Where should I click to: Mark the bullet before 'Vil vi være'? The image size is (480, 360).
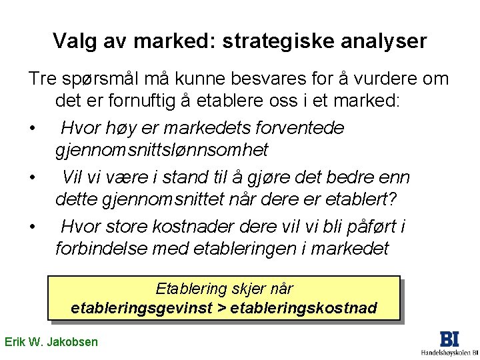tap(31, 178)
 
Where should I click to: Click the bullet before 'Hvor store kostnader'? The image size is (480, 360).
tap(31, 227)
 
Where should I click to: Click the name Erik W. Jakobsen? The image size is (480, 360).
tap(51, 342)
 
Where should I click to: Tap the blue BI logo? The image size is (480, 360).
tap(449, 338)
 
